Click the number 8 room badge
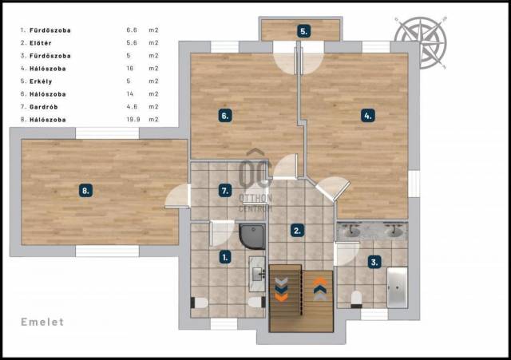85,191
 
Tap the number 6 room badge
225,116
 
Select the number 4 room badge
368,116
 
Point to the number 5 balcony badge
303,32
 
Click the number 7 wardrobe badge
225,191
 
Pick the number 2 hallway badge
297,231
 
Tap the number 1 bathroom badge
225,257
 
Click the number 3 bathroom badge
374,262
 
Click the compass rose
421,42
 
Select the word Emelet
42,322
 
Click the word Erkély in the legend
41,81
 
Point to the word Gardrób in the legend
44,107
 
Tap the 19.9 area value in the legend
133,120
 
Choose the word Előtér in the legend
41,43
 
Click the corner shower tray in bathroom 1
252,236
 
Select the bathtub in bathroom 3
397,287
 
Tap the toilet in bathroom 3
356,299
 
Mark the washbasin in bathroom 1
257,274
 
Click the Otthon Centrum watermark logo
255,181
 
